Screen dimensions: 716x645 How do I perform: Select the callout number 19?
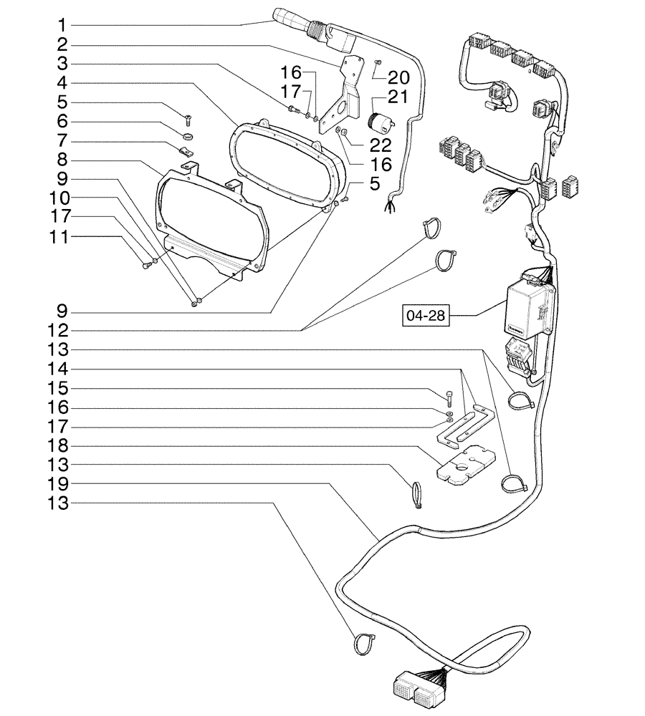(60, 484)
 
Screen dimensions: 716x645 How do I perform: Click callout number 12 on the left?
(60, 331)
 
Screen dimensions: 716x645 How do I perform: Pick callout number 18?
(60, 445)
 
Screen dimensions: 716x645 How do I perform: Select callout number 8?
(60, 159)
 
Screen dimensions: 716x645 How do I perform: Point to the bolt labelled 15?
(449, 398)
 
